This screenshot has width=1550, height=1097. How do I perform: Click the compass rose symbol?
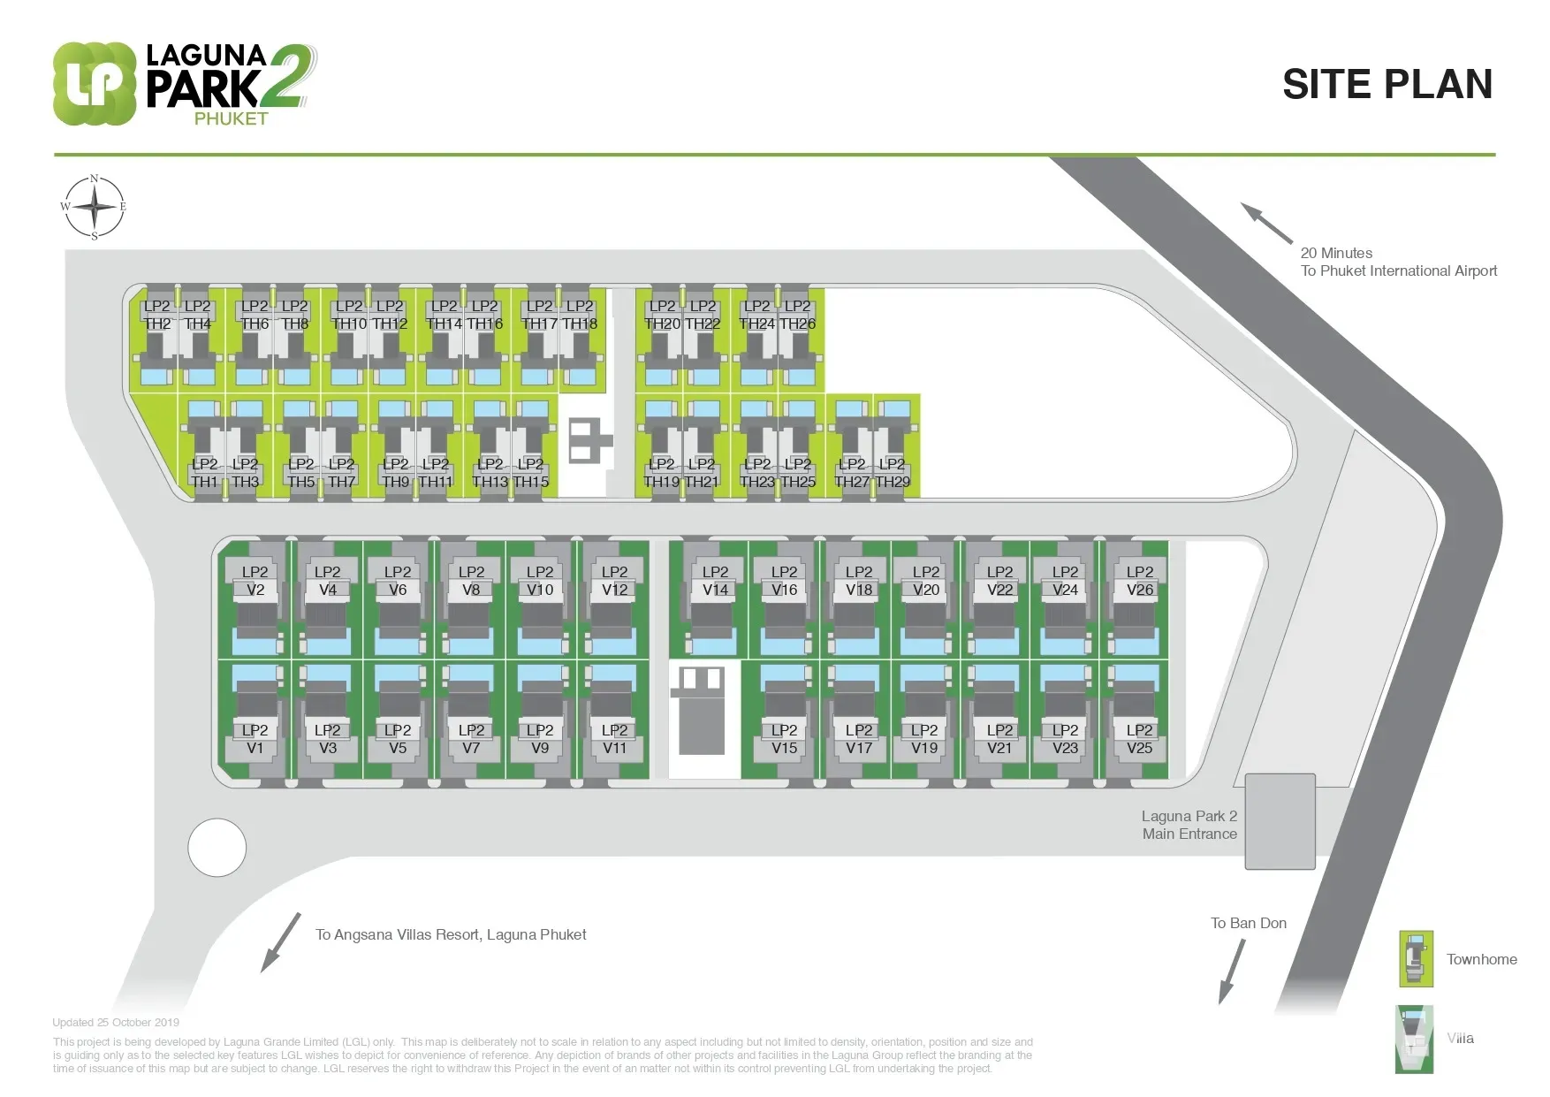click(x=95, y=208)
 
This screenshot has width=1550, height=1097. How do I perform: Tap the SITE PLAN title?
click(x=1387, y=85)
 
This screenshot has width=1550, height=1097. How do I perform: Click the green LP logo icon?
click(x=95, y=84)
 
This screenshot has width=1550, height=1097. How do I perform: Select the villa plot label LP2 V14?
click(x=715, y=581)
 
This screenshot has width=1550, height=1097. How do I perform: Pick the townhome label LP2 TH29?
click(x=892, y=473)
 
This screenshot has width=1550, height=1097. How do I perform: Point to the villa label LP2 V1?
click(x=255, y=739)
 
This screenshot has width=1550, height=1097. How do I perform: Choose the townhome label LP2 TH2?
click(x=156, y=315)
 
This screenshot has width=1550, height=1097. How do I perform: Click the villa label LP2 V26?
click(x=1139, y=581)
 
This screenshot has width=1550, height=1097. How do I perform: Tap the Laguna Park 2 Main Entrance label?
click(x=1189, y=825)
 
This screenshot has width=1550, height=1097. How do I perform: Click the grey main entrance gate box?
click(x=1280, y=821)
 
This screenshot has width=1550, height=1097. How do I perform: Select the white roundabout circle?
click(x=217, y=847)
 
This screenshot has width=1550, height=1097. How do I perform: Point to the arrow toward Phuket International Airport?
click(x=1266, y=223)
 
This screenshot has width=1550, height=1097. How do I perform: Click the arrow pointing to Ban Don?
click(x=1232, y=971)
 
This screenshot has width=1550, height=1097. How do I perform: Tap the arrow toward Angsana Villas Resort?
click(x=281, y=942)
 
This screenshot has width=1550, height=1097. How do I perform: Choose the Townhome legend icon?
click(x=1416, y=959)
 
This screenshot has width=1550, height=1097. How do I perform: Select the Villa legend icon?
click(x=1414, y=1039)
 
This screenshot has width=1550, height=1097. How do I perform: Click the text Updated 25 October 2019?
click(x=116, y=1022)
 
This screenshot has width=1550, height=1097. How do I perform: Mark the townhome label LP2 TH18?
click(x=580, y=315)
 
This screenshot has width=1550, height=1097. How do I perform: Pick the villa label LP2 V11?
click(x=614, y=739)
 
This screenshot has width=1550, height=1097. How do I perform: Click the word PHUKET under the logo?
click(x=231, y=118)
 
